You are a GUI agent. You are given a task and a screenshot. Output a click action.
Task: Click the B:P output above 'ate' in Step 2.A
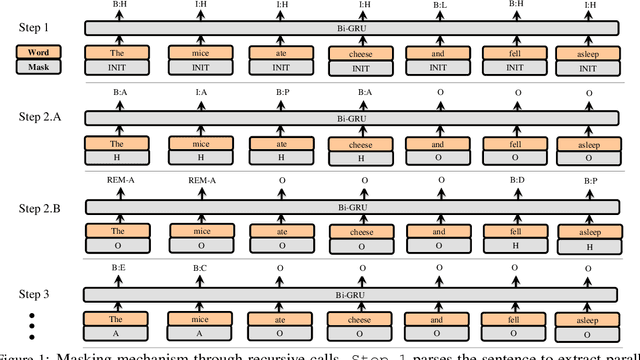pyautogui.click(x=269, y=92)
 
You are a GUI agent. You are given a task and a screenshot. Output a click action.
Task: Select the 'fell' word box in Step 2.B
pyautogui.click(x=513, y=231)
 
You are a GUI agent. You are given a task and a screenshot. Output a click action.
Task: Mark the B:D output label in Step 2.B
pyautogui.click(x=513, y=181)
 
